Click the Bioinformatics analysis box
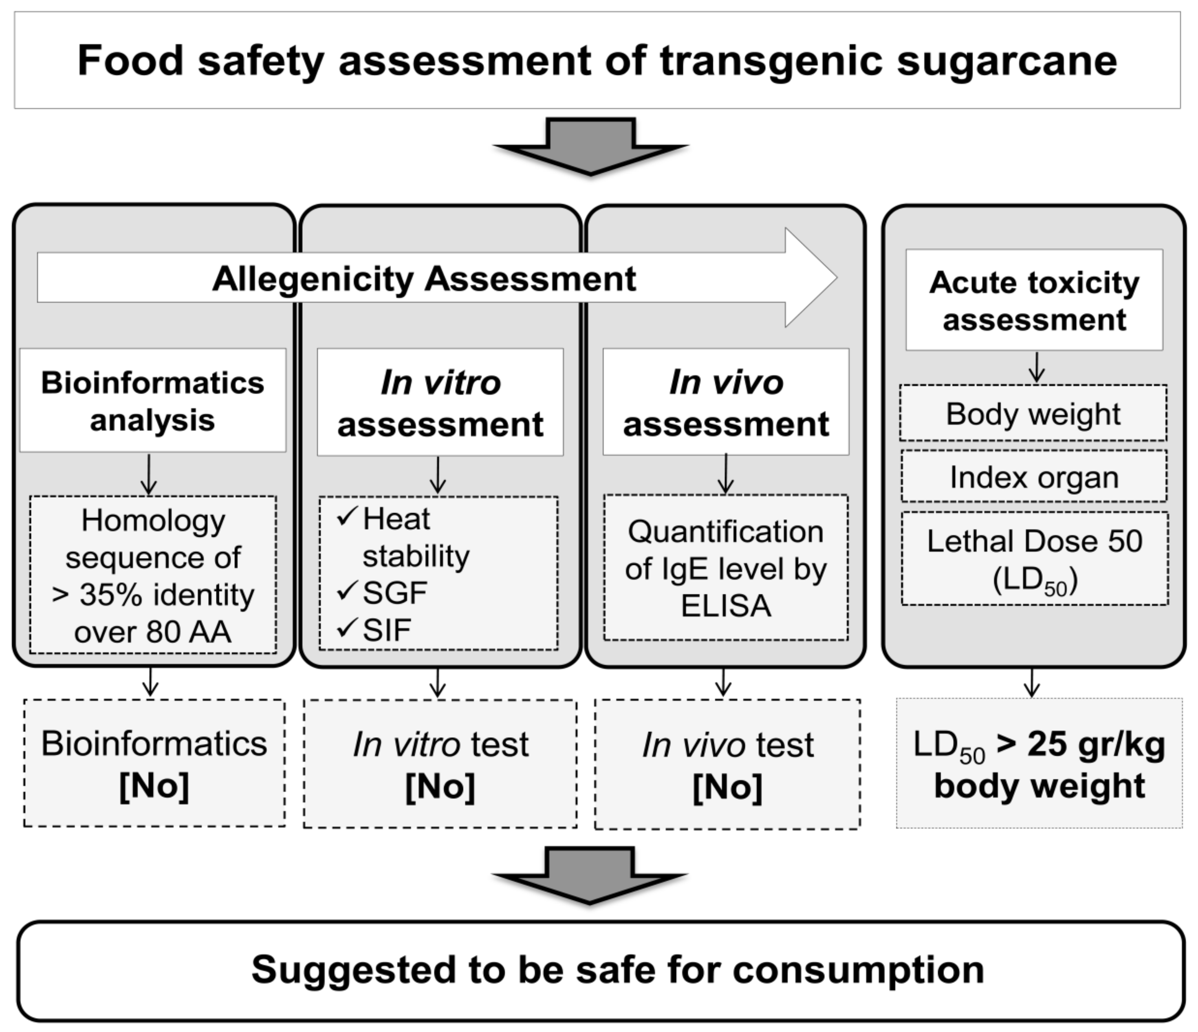pyautogui.click(x=153, y=400)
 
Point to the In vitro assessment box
pyautogui.click(x=440, y=402)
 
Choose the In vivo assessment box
pyautogui.click(x=726, y=402)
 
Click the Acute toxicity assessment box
pyautogui.click(x=1034, y=300)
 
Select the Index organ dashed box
pyautogui.click(x=1034, y=477)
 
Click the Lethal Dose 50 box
pyautogui.click(x=1034, y=559)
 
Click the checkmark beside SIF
pyautogui.click(x=346, y=628)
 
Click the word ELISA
pyautogui.click(x=726, y=606)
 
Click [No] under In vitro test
pyautogui.click(x=440, y=787)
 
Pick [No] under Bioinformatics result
pyautogui.click(x=154, y=785)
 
